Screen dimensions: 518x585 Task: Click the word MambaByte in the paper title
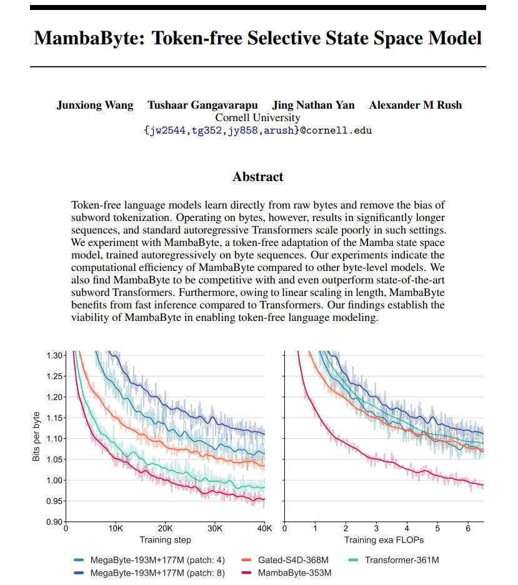(x=89, y=39)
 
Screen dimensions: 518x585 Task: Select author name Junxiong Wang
(x=95, y=106)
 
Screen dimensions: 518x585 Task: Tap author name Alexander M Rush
(x=416, y=106)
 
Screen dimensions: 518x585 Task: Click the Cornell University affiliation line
(x=257, y=117)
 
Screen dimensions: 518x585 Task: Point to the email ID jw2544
(x=167, y=130)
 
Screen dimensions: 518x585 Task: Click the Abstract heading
(x=258, y=177)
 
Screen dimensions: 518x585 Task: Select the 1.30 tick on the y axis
(x=54, y=355)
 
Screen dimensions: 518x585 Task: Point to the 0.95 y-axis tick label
(x=54, y=501)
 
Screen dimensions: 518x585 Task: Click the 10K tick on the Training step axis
(x=116, y=528)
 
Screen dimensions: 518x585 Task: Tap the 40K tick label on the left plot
(x=264, y=528)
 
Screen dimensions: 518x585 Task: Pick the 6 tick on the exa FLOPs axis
(x=468, y=528)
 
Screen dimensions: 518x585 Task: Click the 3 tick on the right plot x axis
(x=376, y=528)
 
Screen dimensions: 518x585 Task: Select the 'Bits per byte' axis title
(x=36, y=436)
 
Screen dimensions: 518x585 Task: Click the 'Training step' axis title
(x=165, y=540)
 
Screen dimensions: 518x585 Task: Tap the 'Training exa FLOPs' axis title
(x=384, y=540)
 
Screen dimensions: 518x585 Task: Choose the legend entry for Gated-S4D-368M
(x=286, y=560)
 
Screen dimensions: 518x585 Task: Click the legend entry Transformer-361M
(x=394, y=560)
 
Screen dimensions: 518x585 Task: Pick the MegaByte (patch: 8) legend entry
(x=149, y=573)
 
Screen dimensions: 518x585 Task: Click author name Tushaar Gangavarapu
(x=203, y=106)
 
